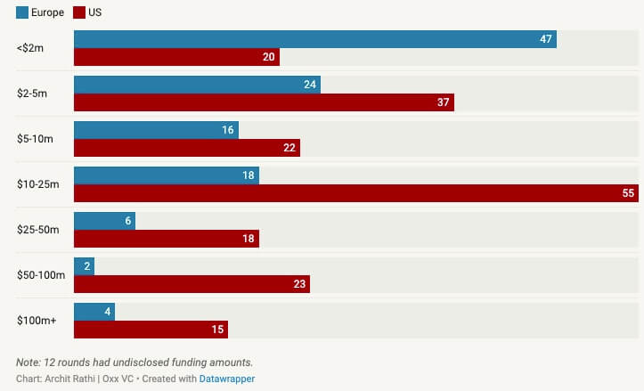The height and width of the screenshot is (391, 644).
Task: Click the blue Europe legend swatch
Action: click(22, 12)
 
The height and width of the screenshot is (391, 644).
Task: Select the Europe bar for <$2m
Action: click(314, 39)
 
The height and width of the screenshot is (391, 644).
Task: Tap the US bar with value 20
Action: click(176, 57)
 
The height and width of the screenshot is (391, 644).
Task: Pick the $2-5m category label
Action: click(35, 93)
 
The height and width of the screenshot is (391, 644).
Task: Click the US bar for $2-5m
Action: click(264, 102)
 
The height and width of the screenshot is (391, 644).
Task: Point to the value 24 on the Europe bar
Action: click(310, 85)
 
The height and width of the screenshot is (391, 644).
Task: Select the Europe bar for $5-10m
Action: click(156, 130)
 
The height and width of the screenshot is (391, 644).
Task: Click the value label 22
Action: click(289, 148)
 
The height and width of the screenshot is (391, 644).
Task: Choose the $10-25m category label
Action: click(37, 184)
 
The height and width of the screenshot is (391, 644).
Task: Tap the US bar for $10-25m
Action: click(356, 193)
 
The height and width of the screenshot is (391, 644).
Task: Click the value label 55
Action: click(628, 193)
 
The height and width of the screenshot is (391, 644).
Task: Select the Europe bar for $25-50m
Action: click(104, 221)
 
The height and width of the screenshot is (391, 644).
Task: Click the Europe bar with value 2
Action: click(84, 266)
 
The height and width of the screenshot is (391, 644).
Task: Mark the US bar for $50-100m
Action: click(192, 284)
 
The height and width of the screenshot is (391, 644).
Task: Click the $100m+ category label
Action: click(37, 321)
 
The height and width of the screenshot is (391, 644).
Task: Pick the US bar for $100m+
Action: click(151, 330)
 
